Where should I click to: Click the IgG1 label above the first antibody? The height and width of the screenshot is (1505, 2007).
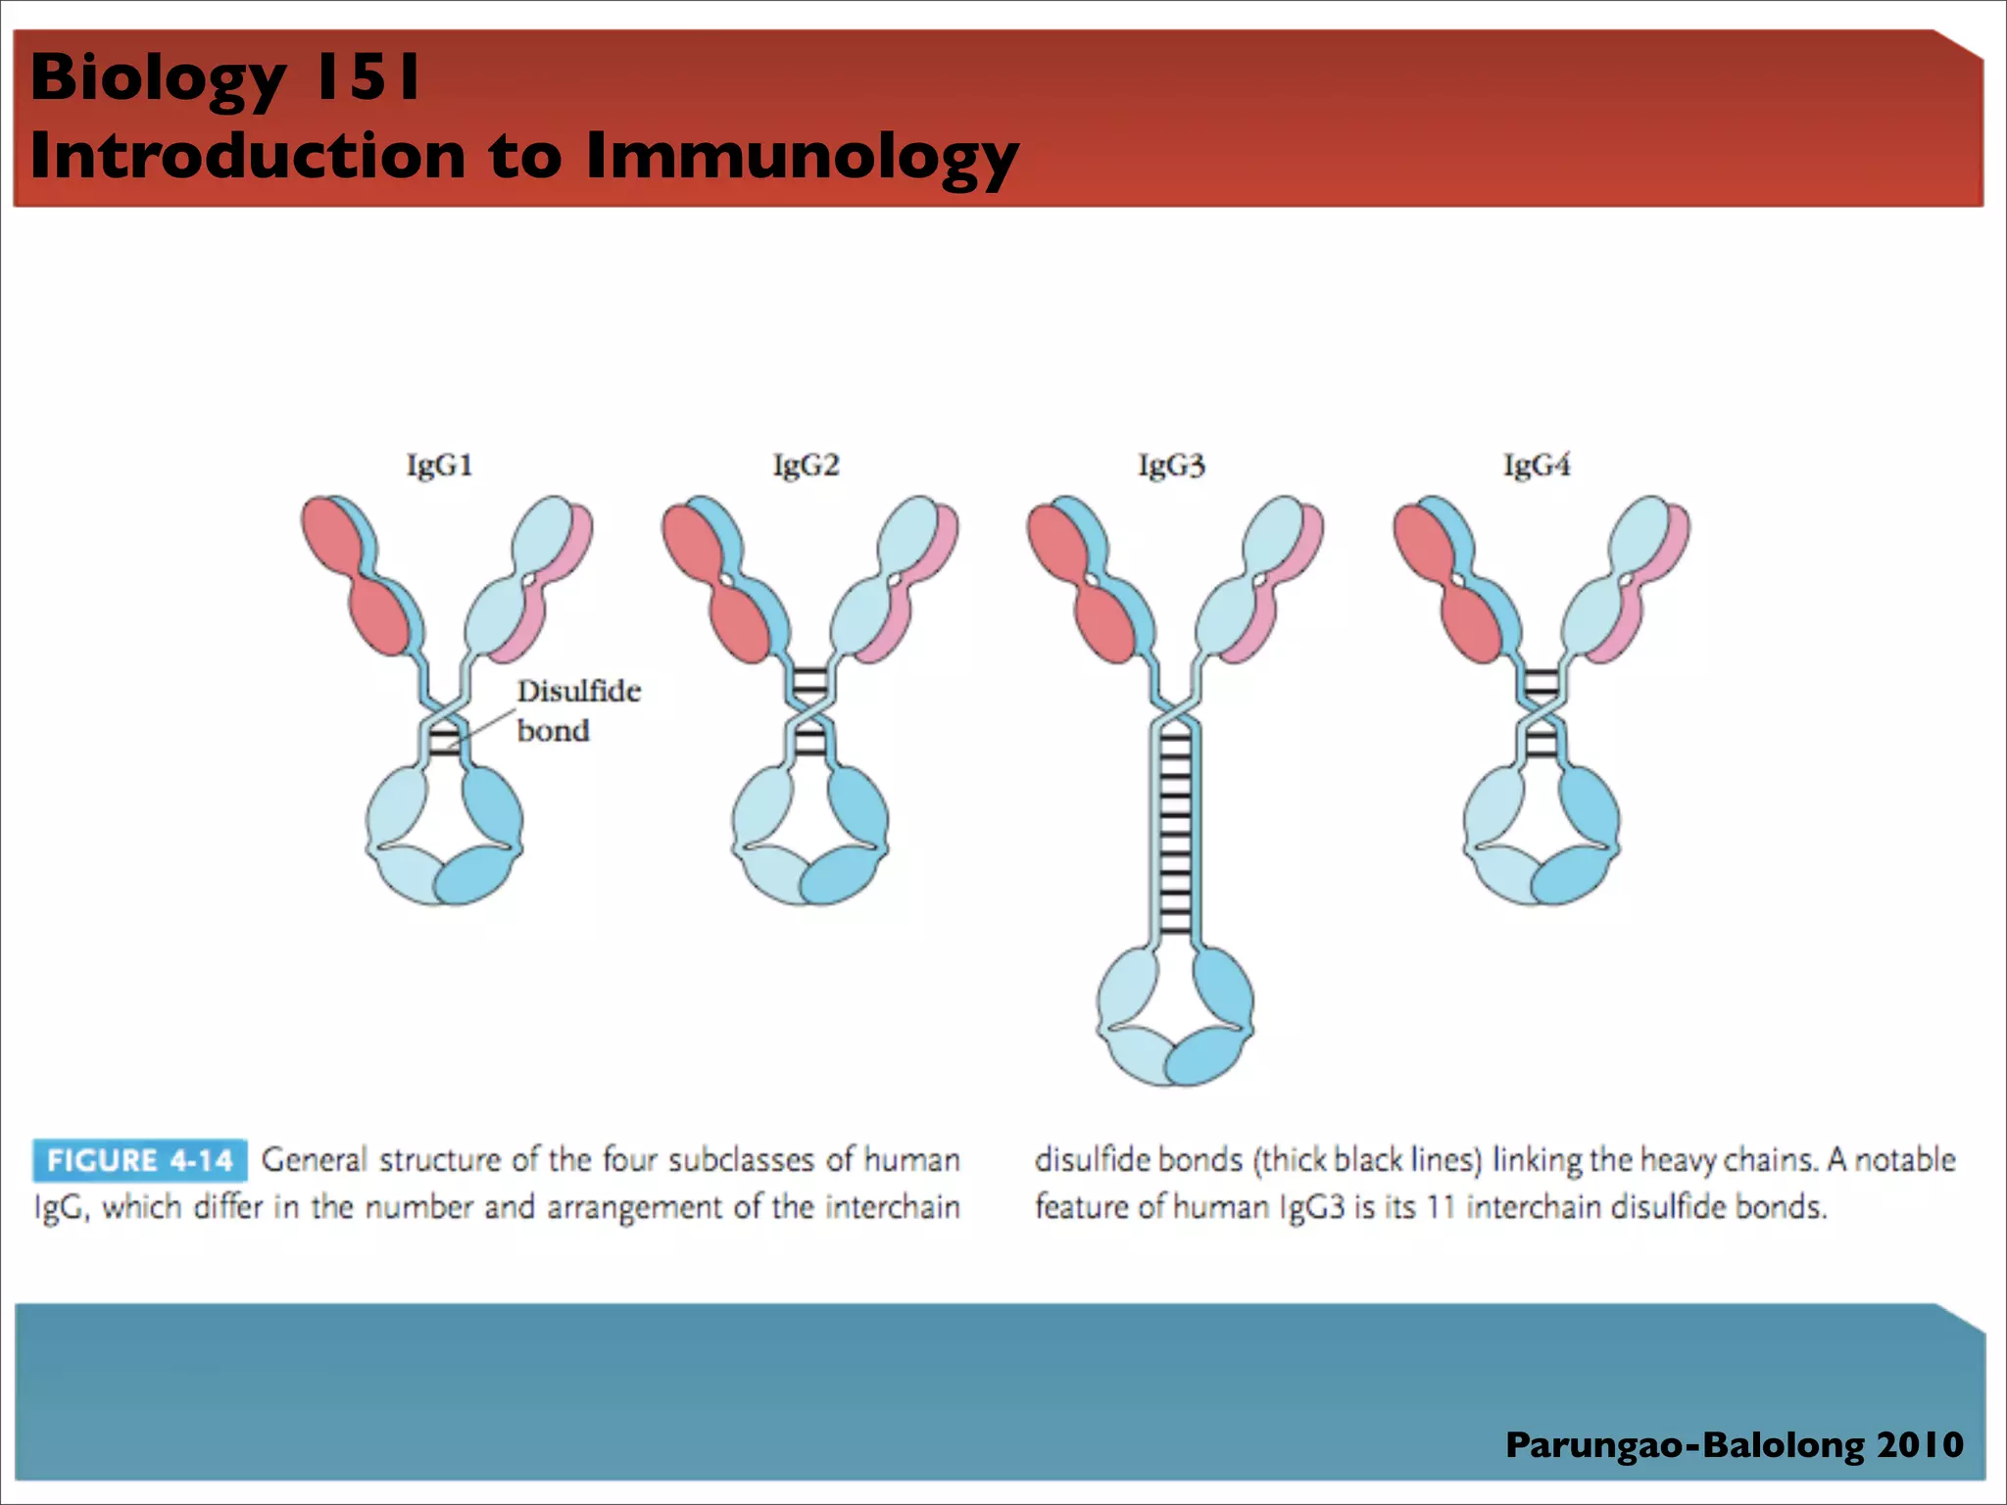click(x=439, y=464)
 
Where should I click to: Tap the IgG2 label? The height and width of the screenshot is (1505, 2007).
click(x=806, y=464)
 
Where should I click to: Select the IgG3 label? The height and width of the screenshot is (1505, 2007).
click(x=1171, y=464)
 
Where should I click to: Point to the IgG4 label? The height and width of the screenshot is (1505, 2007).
click(x=1537, y=464)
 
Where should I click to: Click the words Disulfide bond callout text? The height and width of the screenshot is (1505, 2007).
click(x=577, y=710)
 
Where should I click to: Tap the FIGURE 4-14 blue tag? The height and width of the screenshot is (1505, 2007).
click(x=139, y=1161)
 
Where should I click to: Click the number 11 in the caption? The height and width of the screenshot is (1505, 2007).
click(x=1440, y=1207)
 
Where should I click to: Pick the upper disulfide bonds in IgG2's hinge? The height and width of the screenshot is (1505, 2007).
click(x=809, y=681)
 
